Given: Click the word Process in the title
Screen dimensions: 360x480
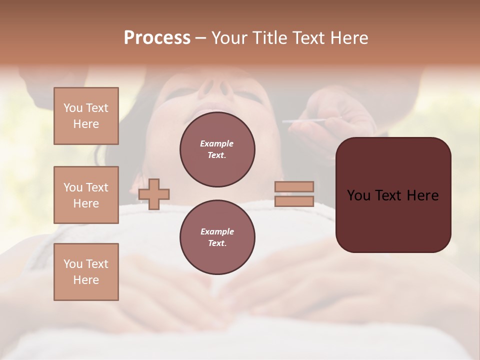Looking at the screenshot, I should point(157,38).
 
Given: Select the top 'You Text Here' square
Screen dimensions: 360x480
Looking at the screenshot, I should point(86,116).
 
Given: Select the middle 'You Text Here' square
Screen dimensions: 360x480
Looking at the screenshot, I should point(86,195).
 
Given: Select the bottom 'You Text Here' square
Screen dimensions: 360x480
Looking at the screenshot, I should point(86,272).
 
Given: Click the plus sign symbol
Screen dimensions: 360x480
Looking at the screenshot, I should point(154,194).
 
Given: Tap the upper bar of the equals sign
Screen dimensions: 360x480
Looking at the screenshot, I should point(294,186).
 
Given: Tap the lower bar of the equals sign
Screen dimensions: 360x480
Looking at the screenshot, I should point(294,201).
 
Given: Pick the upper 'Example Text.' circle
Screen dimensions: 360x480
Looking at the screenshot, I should point(217,149).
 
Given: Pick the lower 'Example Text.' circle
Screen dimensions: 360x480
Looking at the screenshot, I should point(217,237).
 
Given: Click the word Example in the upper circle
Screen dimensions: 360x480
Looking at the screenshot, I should point(217,143).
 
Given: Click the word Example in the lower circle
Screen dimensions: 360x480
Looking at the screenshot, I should point(217,231).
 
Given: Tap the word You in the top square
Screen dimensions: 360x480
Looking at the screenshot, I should point(73,108).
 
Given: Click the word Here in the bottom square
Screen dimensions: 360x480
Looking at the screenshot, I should point(86,280).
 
